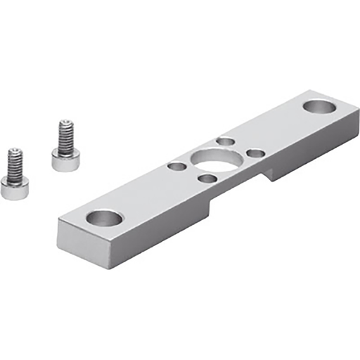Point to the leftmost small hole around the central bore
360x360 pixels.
(176, 167)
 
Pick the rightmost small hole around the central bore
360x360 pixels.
(256, 153)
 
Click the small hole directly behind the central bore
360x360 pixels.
(224, 142)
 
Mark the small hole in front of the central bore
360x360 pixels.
(207, 179)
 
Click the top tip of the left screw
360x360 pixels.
(13, 150)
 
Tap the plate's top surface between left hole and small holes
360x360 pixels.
(141, 193)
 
